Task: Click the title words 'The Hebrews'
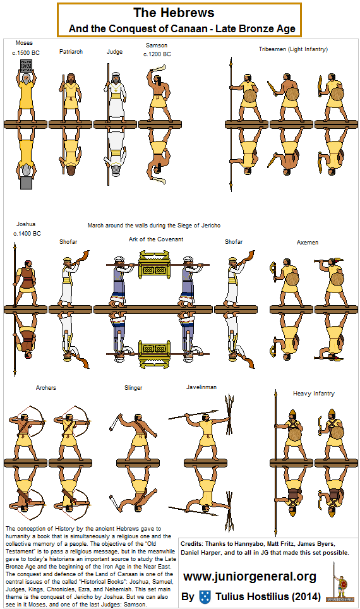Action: point(174,13)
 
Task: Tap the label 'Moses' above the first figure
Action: point(24,43)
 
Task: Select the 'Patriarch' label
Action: point(71,52)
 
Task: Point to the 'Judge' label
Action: point(114,52)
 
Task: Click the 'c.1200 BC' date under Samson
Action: point(157,54)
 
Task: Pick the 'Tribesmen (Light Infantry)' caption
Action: point(293,49)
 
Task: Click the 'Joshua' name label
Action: point(26,224)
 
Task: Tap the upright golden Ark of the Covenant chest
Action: point(155,265)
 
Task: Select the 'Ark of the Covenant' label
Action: point(156,239)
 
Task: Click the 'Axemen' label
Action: point(307,243)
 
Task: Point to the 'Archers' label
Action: point(46,388)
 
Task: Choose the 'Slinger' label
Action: point(133,388)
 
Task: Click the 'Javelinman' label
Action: point(201,387)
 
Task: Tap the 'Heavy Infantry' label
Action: point(314,394)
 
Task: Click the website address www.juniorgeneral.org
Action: point(249,577)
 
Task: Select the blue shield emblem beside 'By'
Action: point(205,596)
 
